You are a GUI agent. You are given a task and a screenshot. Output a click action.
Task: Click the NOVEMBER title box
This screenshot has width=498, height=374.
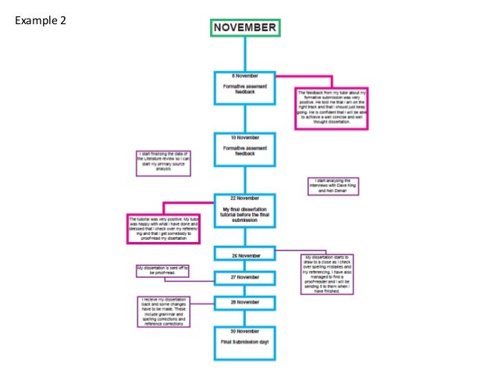[x=245, y=27]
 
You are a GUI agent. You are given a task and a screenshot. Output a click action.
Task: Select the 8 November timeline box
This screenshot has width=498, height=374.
[x=245, y=87]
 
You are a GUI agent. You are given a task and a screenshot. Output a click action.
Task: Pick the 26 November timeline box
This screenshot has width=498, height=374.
[x=245, y=255]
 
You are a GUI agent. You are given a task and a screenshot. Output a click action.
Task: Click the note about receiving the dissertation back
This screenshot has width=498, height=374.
[x=165, y=312]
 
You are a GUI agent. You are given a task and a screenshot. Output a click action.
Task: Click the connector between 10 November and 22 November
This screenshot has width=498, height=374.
[x=245, y=179]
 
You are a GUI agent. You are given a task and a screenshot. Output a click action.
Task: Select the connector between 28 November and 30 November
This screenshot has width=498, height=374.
[x=245, y=319]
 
